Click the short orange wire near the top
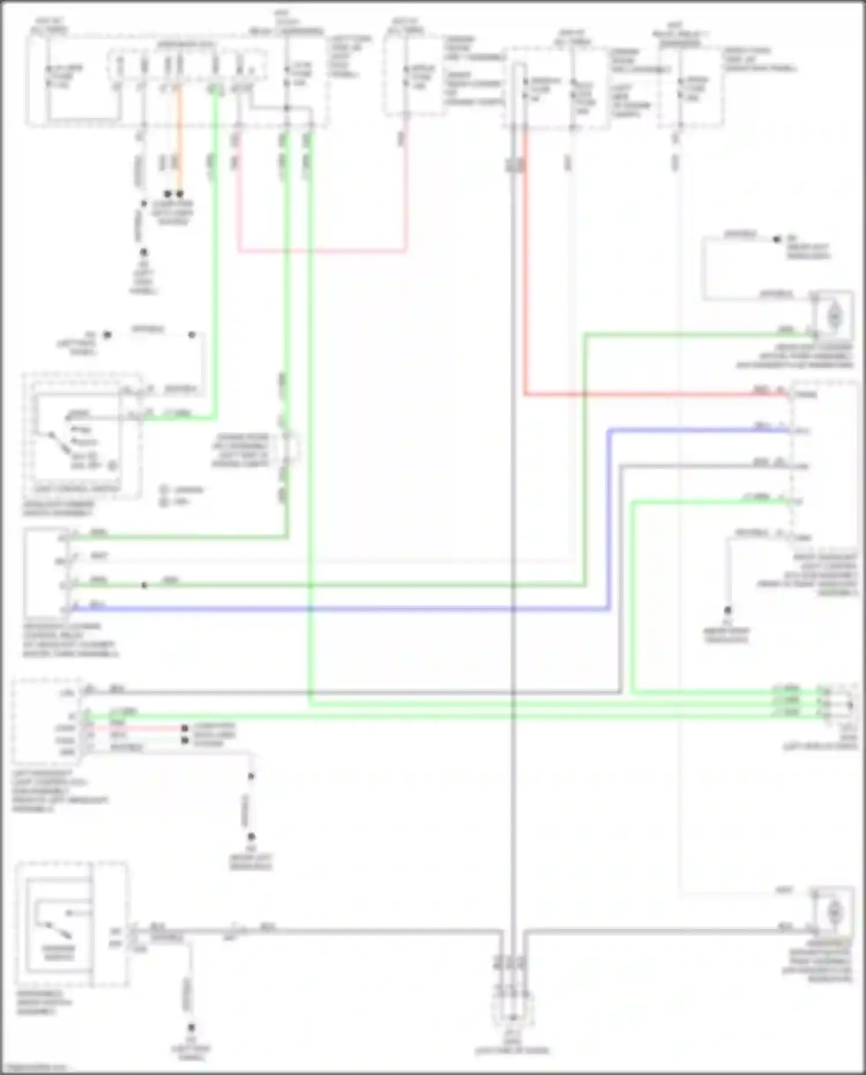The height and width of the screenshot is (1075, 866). point(180,144)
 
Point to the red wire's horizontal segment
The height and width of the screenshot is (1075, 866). point(652,395)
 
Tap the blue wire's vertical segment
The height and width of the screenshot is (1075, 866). point(609,520)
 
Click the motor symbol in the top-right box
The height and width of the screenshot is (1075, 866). point(834,315)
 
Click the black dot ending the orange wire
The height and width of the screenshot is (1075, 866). point(180,194)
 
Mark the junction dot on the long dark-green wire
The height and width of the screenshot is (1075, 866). point(144,585)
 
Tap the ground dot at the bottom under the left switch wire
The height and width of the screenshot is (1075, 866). point(191,1028)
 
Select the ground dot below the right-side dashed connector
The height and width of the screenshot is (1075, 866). point(728,610)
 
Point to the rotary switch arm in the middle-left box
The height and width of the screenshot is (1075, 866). point(58,441)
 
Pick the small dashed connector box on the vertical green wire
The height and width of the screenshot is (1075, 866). point(288,448)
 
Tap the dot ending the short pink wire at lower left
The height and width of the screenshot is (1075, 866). point(185,728)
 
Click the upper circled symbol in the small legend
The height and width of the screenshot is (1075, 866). point(164,490)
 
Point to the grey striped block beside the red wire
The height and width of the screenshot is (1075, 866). point(514,165)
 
